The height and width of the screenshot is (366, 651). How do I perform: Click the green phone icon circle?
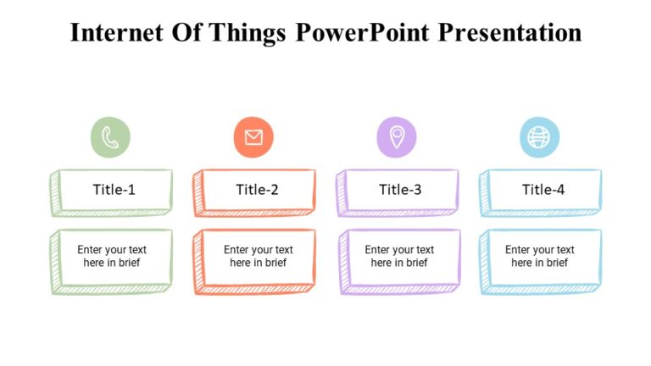[x=110, y=137]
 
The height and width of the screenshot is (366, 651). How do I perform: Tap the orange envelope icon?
[x=253, y=137]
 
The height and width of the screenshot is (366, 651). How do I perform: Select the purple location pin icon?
[x=397, y=137]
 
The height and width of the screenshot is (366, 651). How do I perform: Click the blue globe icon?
[x=539, y=137]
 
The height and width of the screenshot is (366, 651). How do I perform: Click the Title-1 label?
[x=114, y=190]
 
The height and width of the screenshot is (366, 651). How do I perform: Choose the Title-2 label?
[x=257, y=190]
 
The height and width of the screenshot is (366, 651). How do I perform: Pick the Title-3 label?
[x=400, y=190]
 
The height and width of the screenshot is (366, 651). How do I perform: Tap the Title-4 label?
[x=543, y=190]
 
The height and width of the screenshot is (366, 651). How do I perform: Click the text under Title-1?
[x=112, y=256]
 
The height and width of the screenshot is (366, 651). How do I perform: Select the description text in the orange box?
[x=258, y=256]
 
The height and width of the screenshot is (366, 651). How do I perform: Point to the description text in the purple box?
[x=399, y=256]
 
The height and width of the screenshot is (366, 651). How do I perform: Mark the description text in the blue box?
[x=540, y=256]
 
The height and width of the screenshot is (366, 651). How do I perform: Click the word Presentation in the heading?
[x=515, y=33]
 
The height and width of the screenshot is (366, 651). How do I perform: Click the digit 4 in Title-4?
[x=560, y=190]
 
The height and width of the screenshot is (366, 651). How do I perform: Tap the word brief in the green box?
[x=126, y=263]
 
